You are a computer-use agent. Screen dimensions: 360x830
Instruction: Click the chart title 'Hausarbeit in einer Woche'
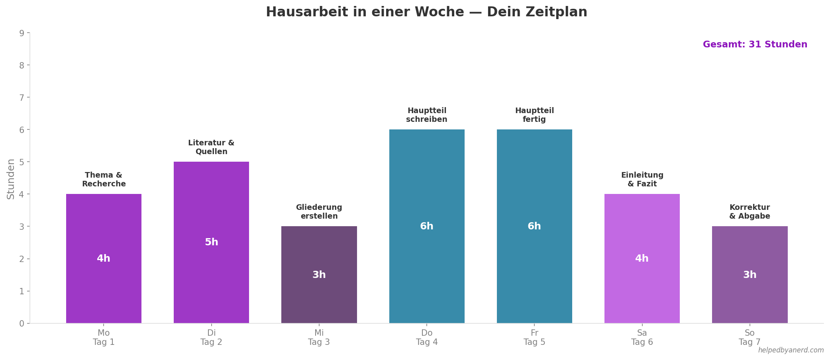426,12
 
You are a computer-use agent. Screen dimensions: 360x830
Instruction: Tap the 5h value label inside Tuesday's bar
211,242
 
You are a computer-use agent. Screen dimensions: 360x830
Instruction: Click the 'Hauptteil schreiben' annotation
426,115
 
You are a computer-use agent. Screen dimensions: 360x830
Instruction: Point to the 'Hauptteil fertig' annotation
534,115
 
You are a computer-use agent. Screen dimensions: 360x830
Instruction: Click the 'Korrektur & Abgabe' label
749,212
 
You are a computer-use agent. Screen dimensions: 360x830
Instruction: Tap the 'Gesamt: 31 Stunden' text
755,45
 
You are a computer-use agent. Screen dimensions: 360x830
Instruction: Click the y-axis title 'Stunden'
11,179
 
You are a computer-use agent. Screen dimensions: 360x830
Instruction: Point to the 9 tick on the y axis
22,33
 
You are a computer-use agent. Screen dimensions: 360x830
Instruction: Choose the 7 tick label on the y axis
22,98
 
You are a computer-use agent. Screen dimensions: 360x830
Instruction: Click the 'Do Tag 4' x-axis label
426,337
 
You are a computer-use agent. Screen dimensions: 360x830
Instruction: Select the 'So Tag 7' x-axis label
749,337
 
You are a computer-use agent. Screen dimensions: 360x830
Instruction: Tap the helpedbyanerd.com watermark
791,350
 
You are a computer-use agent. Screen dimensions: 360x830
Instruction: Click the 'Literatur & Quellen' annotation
211,147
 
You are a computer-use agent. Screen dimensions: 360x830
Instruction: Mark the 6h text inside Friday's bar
534,226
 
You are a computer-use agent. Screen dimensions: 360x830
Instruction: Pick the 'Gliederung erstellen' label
319,212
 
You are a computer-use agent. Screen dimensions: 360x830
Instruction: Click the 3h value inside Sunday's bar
749,275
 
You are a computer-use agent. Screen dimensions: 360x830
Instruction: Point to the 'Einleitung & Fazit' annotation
642,180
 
